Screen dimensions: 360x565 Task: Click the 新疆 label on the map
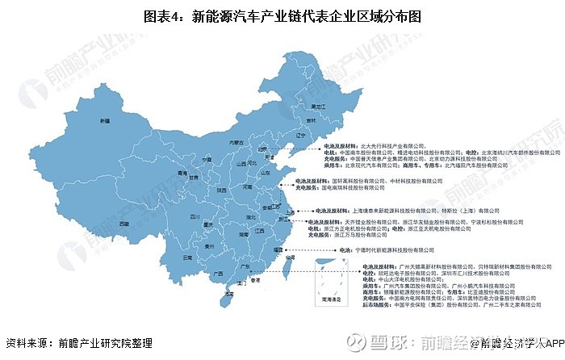coord(104,121)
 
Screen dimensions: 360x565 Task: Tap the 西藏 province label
coord(123,222)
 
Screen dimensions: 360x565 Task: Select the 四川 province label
coord(195,216)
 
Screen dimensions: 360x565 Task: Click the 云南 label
coord(187,257)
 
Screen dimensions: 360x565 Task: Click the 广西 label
coord(217,273)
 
